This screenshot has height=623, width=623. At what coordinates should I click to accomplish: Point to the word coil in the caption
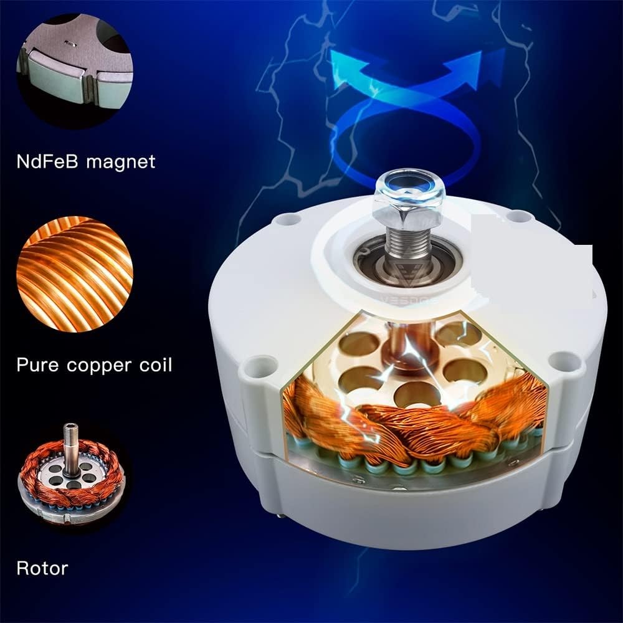[x=155, y=364]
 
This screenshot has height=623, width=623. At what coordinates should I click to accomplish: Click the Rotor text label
[x=42, y=568]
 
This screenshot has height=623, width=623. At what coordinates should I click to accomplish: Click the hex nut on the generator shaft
[x=410, y=206]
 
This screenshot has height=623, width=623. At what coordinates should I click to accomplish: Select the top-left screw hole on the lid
[x=287, y=219]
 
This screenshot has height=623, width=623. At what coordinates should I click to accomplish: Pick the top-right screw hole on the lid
[x=515, y=217]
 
